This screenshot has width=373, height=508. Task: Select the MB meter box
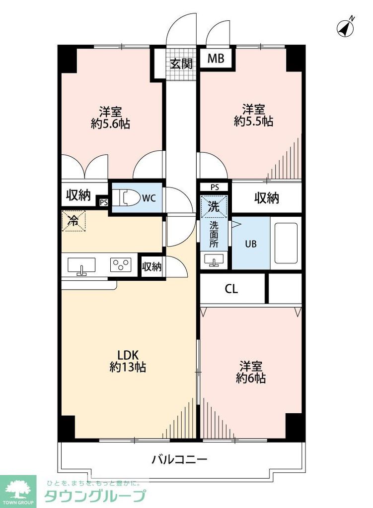point(216,59)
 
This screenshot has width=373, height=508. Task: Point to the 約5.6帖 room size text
point(110,124)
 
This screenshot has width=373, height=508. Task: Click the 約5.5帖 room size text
point(253,121)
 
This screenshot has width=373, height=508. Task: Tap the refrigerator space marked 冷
point(73,221)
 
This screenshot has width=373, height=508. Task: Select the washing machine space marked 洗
point(214,207)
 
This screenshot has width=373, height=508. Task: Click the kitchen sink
point(81,265)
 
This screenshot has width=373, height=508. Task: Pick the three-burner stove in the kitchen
point(121,264)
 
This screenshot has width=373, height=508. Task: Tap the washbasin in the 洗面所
point(214,260)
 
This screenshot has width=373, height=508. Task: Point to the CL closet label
point(231,289)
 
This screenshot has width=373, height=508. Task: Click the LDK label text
point(127,355)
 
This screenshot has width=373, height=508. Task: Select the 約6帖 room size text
point(251,379)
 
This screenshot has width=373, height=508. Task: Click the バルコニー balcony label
point(179,459)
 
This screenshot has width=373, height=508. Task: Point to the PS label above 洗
point(215,187)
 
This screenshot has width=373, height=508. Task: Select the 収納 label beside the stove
point(152,267)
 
